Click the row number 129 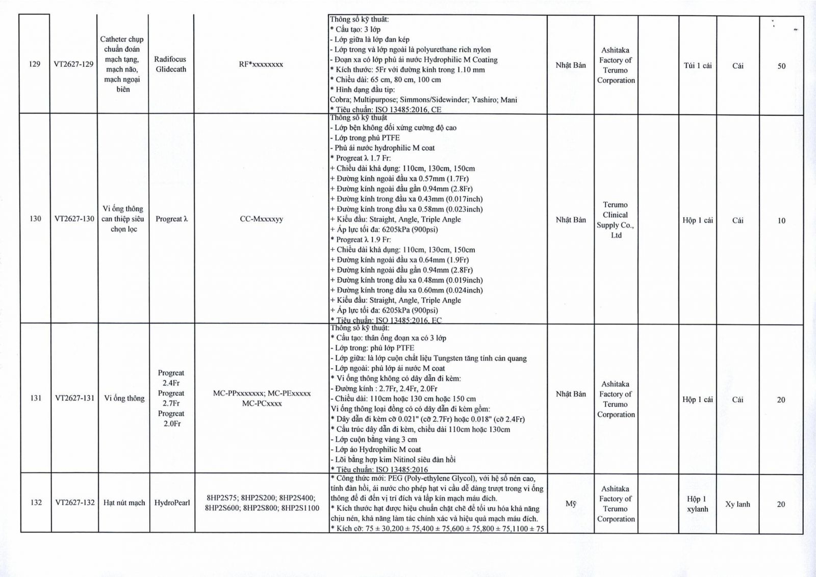point(35,64)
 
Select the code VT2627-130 point(74,219)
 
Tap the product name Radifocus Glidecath point(170,64)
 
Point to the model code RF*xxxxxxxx point(261,64)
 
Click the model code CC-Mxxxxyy point(261,219)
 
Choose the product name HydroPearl point(172,503)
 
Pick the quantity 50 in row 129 point(781,66)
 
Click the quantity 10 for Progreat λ point(781,221)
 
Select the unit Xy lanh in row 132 point(737,504)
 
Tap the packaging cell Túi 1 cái point(697,65)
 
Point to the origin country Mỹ point(571,504)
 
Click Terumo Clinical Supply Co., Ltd point(616,220)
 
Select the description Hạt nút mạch point(124,503)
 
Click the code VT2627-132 point(75,503)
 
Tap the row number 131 point(36,398)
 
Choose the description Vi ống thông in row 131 point(124,398)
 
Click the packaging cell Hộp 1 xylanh point(697,504)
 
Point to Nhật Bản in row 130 point(571,220)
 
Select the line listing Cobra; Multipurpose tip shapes point(423,100)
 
